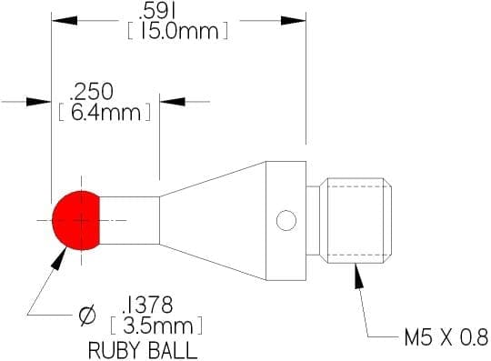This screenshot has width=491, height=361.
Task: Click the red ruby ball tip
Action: click(x=76, y=220)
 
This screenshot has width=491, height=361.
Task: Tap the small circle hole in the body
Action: click(x=286, y=220)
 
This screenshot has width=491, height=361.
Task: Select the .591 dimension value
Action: click(x=157, y=12)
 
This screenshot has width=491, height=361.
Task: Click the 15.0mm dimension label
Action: click(x=178, y=31)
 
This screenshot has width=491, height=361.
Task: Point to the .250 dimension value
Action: click(x=92, y=92)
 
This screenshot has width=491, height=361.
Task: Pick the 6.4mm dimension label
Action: click(x=105, y=113)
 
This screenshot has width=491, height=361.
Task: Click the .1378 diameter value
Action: click(x=147, y=305)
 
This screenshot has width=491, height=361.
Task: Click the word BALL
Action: click(x=173, y=351)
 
